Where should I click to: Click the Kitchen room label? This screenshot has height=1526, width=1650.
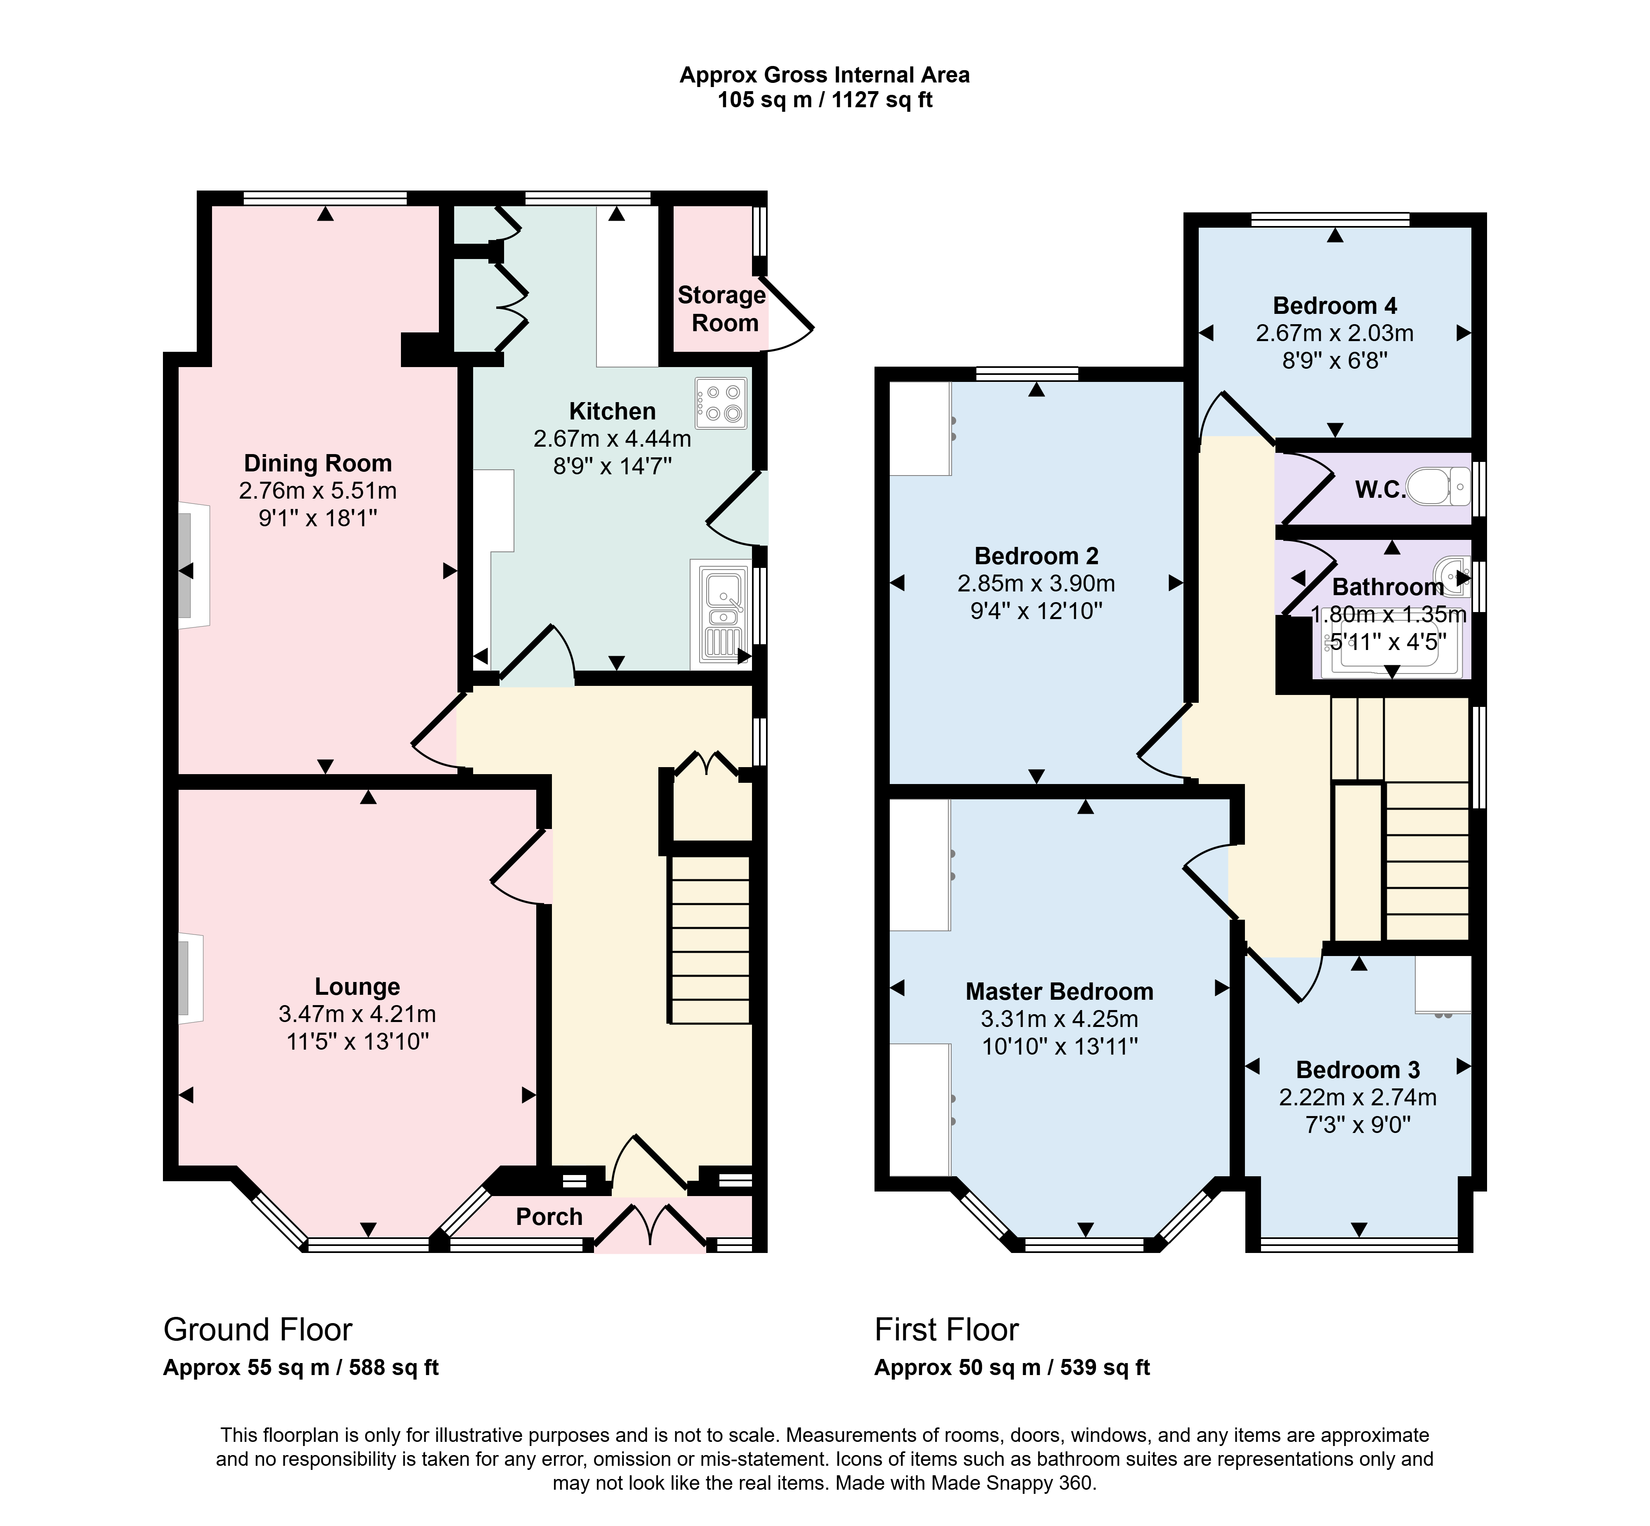pos(612,411)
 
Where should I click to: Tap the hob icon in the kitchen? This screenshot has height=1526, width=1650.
pos(721,403)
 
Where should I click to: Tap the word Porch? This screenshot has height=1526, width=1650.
pos(549,1216)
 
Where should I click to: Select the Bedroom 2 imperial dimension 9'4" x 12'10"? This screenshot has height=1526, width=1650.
pos(1037,611)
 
